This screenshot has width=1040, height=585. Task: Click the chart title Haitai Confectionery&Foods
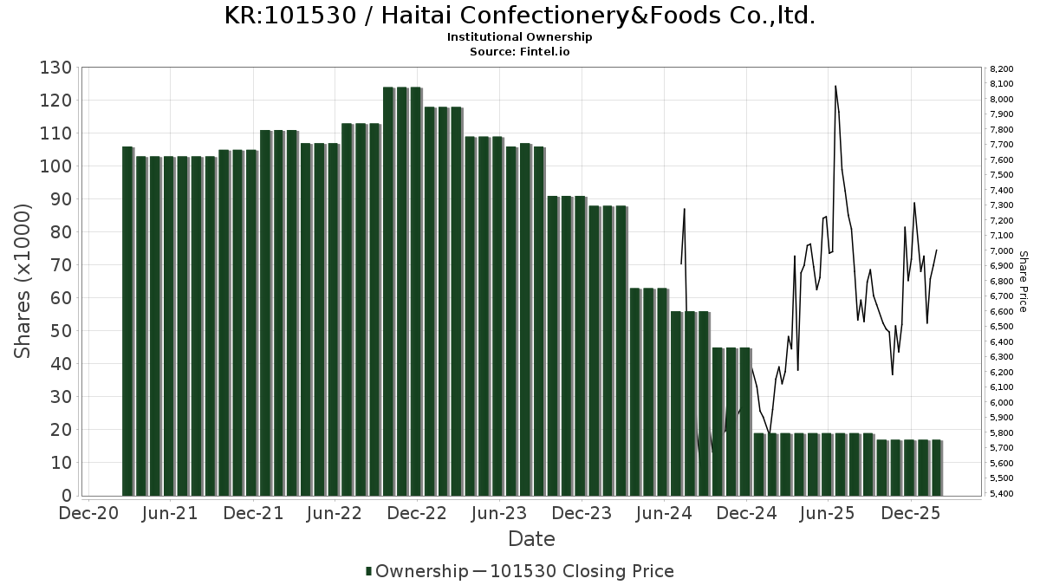tap(519, 16)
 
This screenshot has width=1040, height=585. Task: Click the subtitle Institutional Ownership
tap(519, 37)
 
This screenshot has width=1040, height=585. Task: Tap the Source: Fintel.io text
tap(519, 51)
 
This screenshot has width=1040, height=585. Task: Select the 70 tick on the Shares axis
tap(61, 265)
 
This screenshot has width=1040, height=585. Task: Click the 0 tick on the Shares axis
tap(66, 496)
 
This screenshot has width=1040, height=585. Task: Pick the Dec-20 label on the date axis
tap(89, 513)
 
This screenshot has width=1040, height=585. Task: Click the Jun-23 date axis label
tap(500, 513)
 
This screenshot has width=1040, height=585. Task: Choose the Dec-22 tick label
tap(418, 513)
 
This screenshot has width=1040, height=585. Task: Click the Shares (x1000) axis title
tap(23, 281)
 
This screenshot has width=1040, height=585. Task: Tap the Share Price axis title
tap(1023, 281)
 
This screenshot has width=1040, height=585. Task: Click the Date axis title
tap(531, 539)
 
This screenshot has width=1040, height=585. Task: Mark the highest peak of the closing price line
tap(835, 86)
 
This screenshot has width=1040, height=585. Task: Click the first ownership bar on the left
tap(127, 321)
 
